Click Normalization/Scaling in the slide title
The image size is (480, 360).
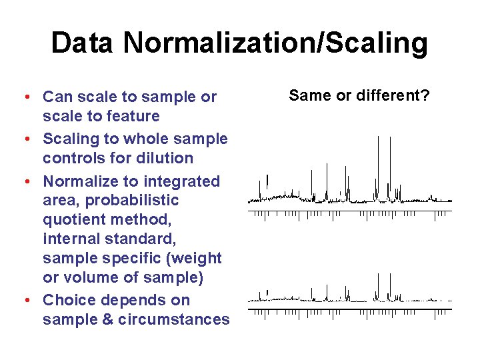(x=275, y=43)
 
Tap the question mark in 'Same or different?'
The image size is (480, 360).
(x=426, y=95)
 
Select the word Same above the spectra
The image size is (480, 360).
(x=310, y=95)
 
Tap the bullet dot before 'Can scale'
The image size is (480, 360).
(x=25, y=97)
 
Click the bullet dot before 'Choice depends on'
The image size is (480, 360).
(x=25, y=301)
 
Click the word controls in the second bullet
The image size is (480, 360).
(x=69, y=158)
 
